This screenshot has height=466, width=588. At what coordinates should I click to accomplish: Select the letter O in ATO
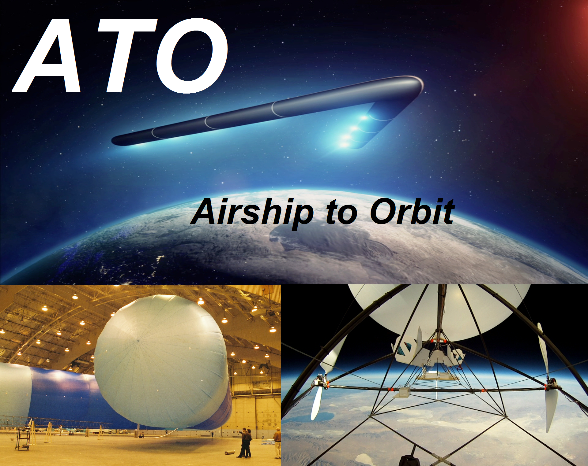coord(192,56)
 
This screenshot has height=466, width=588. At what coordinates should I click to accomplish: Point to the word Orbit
coord(412,211)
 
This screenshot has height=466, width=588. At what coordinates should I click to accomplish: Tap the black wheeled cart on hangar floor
coord(23,439)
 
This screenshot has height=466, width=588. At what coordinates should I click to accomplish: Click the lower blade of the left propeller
coord(316,403)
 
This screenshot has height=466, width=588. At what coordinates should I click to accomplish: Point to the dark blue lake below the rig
coord(326,416)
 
